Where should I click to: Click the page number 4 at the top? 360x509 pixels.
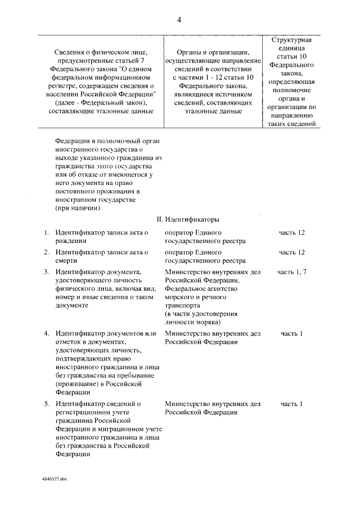(179, 20)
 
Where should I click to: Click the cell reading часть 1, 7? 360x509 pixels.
(292, 272)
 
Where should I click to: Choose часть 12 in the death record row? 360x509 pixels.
(292, 252)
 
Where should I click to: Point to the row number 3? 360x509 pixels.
(47, 272)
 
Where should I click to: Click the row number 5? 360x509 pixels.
(47, 404)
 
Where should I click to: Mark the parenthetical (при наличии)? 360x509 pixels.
(78, 208)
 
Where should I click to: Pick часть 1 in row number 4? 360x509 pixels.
(292, 334)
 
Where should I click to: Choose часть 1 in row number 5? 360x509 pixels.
(292, 404)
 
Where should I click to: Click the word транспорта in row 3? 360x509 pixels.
(184, 305)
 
